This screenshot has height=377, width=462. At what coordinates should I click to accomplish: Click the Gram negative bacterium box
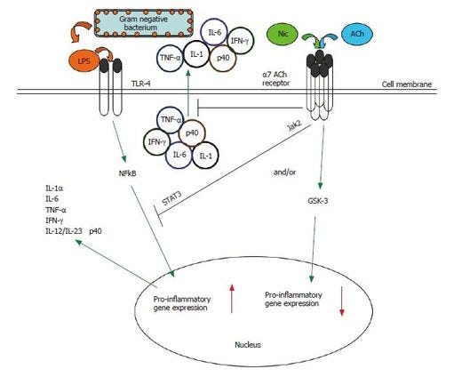[x=145, y=20]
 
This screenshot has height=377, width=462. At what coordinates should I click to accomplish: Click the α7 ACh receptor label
[x=306, y=80]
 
